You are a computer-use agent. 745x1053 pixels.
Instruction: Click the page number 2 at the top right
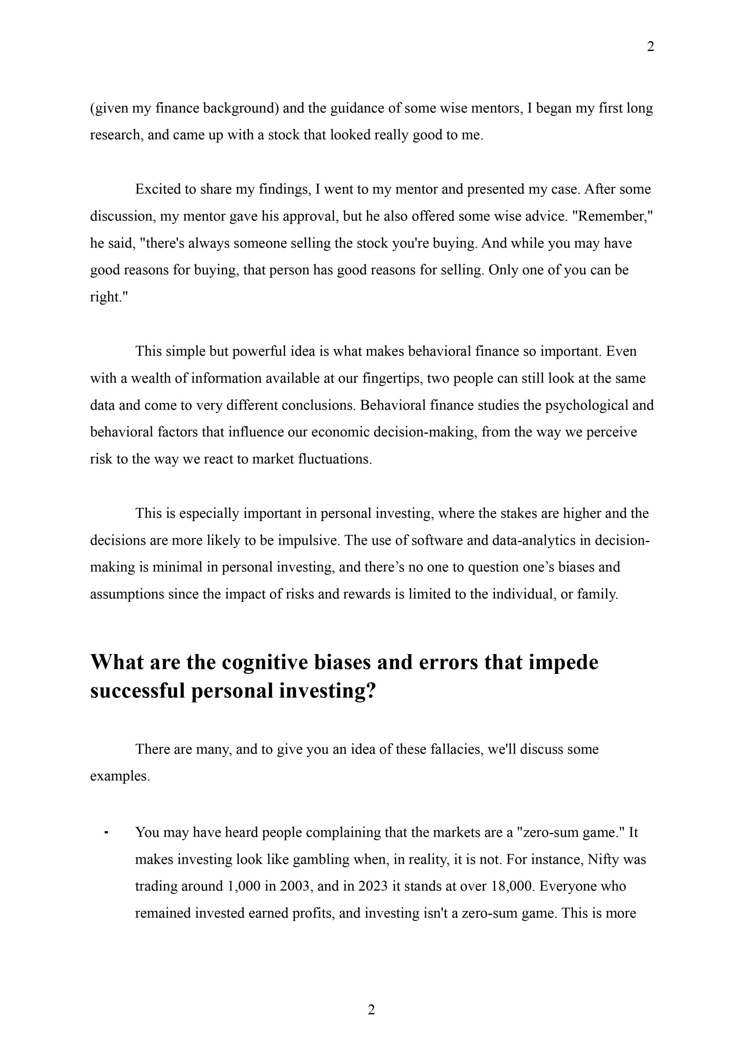coord(650,47)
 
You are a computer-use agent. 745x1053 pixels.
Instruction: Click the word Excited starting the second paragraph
coord(158,189)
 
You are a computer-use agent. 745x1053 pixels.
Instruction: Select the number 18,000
coord(513,886)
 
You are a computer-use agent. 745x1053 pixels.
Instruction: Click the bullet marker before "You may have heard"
coord(107,833)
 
